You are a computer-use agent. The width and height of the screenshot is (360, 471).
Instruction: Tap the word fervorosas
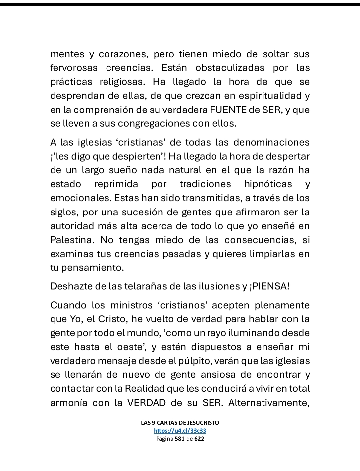[74, 68]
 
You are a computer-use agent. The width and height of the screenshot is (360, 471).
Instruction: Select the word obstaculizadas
[230, 68]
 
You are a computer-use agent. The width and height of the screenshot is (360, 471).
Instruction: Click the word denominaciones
[271, 143]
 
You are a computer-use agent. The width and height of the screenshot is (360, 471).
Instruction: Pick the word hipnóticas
[268, 184]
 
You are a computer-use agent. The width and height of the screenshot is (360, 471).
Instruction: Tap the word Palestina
[71, 240]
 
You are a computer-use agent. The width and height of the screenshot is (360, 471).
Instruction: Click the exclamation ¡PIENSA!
[269, 286]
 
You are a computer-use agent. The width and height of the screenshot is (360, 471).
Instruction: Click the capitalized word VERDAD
[146, 403]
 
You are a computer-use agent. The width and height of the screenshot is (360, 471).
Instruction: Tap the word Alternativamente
[269, 403]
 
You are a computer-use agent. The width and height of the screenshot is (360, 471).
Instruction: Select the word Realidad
[145, 389]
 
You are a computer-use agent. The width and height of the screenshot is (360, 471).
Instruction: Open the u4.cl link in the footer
[180, 431]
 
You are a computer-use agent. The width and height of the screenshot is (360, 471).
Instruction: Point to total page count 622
[199, 439]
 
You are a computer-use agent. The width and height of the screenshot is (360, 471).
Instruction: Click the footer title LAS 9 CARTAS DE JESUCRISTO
[180, 423]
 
